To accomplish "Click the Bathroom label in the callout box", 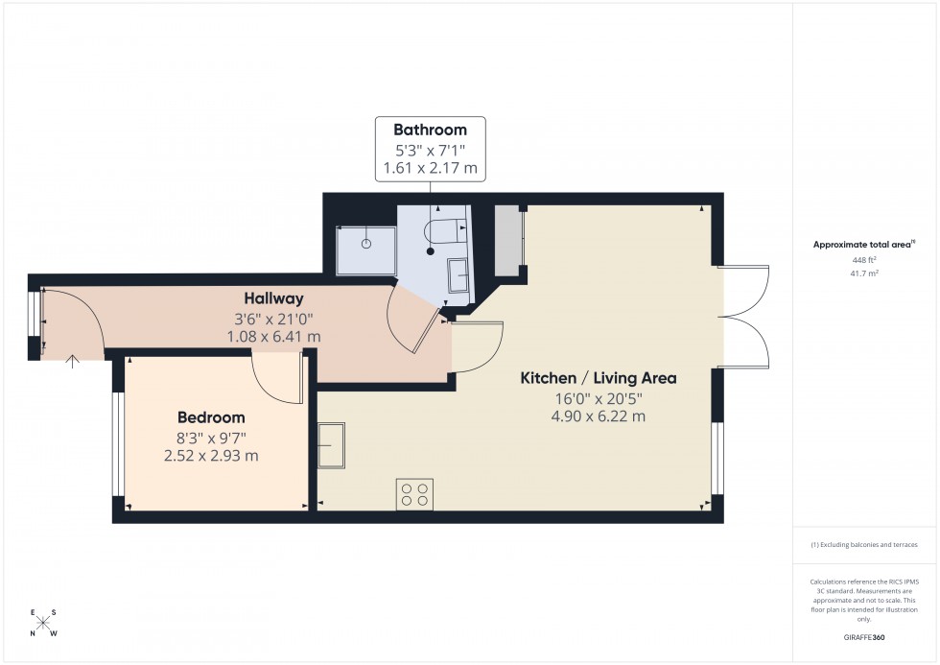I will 430,130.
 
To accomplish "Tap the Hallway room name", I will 272,298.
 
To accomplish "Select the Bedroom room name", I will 211,417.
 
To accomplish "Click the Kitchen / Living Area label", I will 598,378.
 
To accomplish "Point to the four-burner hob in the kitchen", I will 414,493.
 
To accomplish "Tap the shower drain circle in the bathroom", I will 365,244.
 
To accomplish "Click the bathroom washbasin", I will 458,276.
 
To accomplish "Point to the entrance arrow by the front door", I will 73,362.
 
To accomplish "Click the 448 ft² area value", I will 864,259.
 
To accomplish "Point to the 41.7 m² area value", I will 864,273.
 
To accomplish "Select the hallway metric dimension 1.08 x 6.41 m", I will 272,337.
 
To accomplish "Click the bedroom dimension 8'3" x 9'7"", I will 211,438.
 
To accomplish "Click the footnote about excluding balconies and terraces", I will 864,544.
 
